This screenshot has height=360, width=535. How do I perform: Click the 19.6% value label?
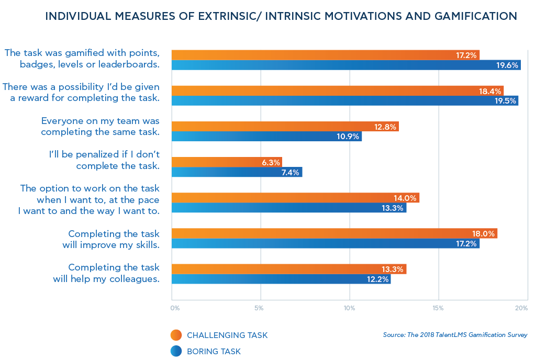[507, 65]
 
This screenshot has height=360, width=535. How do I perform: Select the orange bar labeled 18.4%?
[338, 91]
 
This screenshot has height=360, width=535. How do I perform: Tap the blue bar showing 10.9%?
[266, 137]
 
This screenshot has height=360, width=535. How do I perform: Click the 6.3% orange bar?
[227, 162]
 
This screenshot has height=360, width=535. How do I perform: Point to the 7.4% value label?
[289, 172]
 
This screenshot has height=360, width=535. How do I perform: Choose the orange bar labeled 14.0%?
[295, 198]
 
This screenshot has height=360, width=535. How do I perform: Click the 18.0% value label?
[483, 234]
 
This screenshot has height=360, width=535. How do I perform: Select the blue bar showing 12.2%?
[281, 279]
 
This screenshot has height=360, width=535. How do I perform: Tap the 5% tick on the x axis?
[259, 309]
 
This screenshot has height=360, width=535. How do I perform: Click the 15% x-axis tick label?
[438, 309]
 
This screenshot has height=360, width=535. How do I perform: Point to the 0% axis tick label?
[175, 309]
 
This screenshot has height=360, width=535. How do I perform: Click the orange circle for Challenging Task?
[176, 335]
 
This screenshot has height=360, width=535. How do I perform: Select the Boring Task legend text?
[214, 352]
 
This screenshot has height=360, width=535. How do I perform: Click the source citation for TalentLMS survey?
[455, 335]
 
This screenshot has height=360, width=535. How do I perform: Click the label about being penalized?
[103, 160]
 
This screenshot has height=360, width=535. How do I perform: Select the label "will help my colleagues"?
[106, 279]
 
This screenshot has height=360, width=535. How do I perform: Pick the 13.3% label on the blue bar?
[393, 208]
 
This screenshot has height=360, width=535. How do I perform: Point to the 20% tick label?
[521, 309]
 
